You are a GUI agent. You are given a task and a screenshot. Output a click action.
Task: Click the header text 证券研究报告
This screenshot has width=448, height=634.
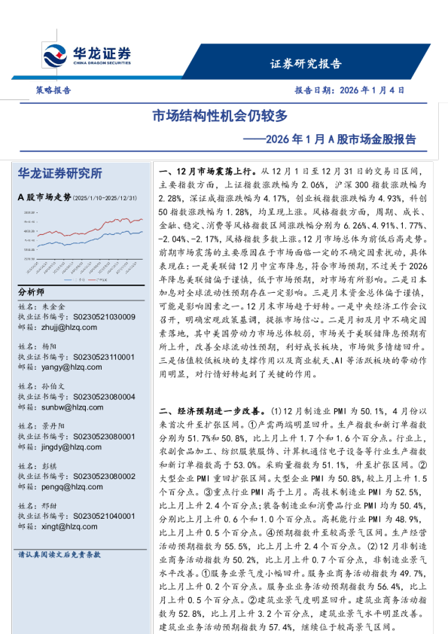[305, 63]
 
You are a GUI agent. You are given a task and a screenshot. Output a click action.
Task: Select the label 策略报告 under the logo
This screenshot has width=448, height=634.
[53, 90]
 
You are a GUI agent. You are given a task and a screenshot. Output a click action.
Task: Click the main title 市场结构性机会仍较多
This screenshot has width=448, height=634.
[220, 116]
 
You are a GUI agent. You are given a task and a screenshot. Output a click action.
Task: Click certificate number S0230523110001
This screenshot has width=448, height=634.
[97, 357]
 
